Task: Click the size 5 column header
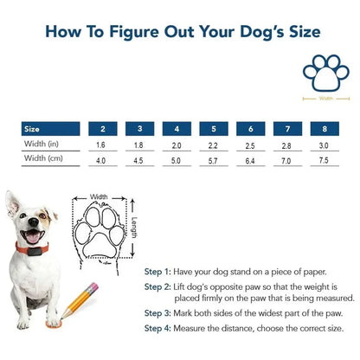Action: tap(213, 128)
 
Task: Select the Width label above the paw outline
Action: tap(100, 196)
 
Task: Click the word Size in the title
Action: tap(295, 33)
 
